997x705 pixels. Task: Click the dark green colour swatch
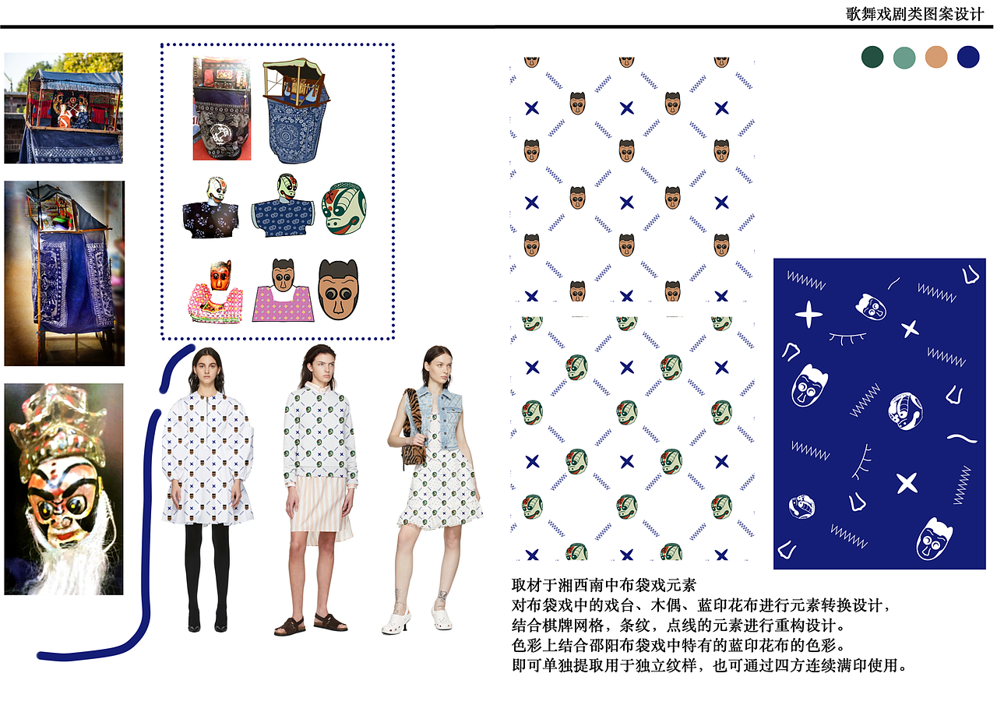(872, 57)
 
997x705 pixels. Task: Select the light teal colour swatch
(904, 58)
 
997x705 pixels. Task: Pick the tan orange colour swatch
(936, 57)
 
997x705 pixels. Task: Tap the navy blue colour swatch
(968, 57)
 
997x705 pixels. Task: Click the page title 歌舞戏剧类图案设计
(914, 14)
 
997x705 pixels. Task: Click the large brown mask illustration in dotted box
(338, 290)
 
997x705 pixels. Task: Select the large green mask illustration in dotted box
(344, 208)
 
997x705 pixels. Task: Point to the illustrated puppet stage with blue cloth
(296, 111)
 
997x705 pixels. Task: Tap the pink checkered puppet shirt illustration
(283, 304)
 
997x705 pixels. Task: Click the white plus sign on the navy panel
(809, 314)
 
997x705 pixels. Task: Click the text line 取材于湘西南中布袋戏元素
(604, 585)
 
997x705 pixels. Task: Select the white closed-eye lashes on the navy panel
(847, 338)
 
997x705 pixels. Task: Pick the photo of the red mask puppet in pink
(216, 291)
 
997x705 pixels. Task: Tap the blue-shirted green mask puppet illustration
(283, 206)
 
